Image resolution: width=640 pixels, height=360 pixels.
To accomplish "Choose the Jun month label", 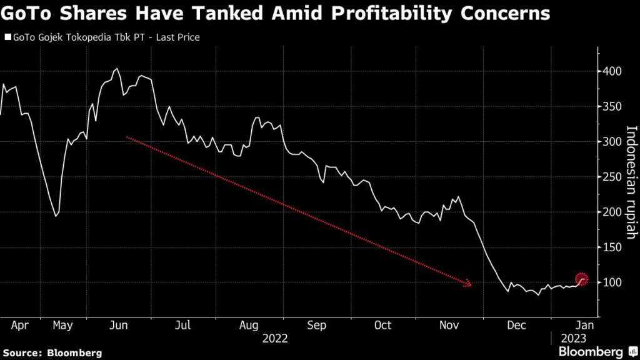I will [x=118, y=325].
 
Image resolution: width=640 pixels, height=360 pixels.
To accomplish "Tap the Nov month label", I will [x=449, y=325].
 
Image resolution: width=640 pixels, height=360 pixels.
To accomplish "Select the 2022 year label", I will [x=275, y=338].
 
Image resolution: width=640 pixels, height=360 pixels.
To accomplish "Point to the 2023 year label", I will [x=574, y=338].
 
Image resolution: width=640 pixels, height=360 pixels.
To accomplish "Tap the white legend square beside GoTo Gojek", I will [x=8, y=37].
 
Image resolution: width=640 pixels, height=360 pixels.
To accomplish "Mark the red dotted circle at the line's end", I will [x=582, y=279].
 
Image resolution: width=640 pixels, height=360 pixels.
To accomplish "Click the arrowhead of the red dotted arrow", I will [x=467, y=284].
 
